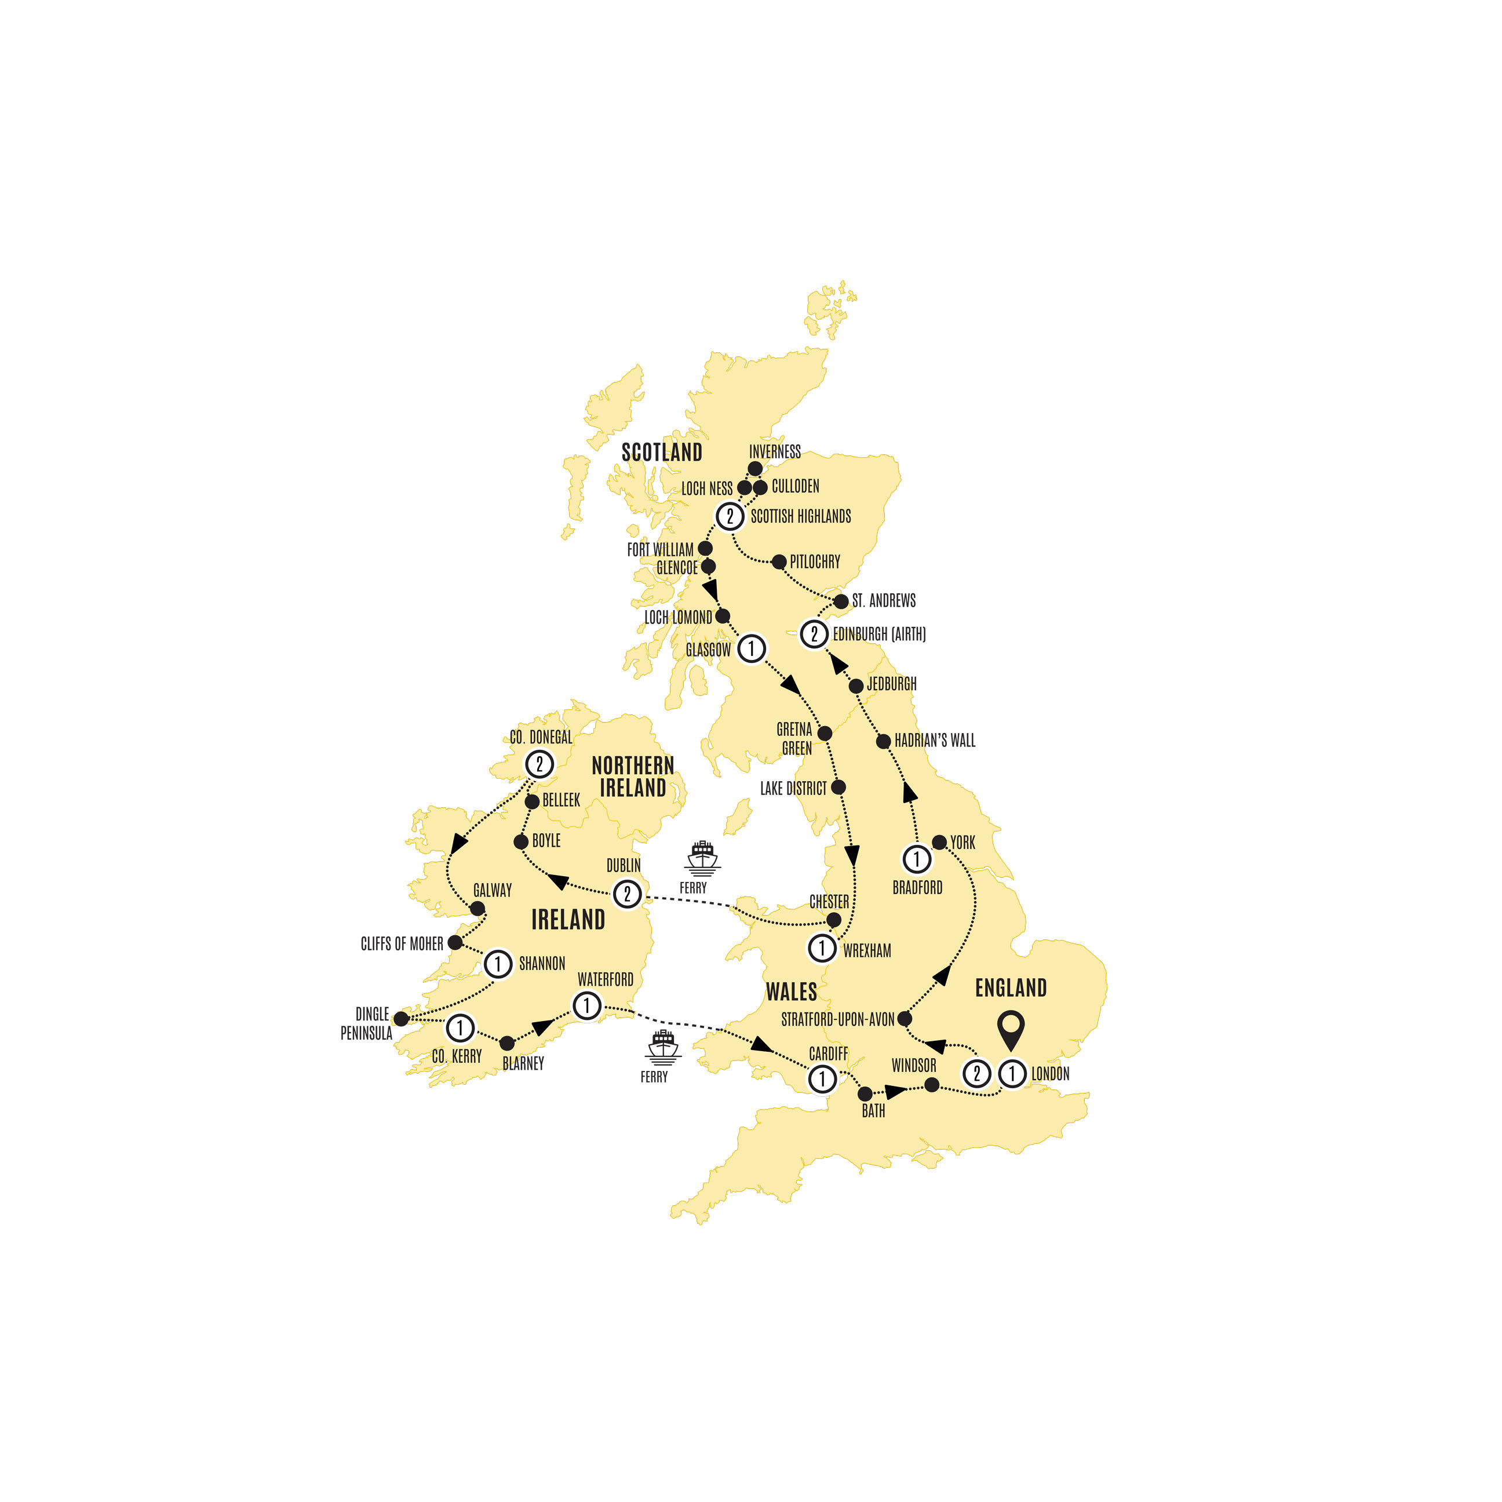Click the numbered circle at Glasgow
point(751,648)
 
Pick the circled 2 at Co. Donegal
point(539,764)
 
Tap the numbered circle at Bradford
point(917,859)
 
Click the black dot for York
point(939,842)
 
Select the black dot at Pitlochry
point(779,562)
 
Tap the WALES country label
point(792,992)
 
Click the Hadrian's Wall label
point(935,741)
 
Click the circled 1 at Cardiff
point(822,1078)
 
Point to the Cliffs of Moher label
point(402,944)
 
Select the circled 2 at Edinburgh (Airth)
point(814,633)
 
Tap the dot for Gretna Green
point(825,733)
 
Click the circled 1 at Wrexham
point(822,947)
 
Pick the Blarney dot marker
point(507,1043)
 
